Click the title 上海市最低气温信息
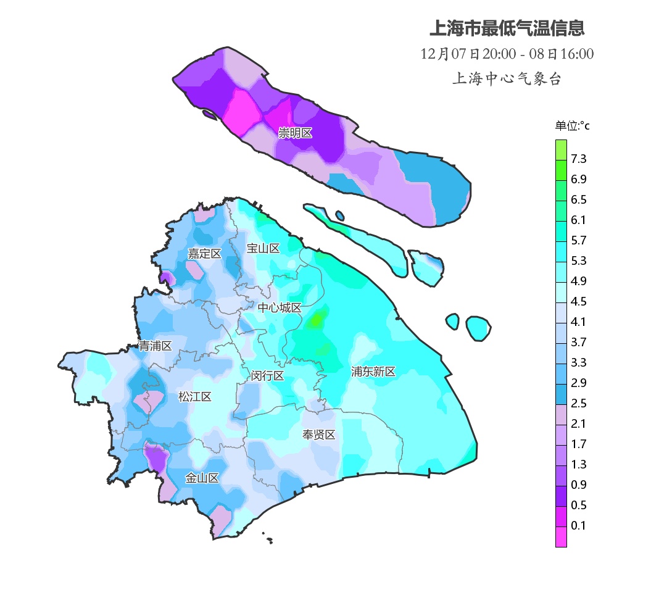[507, 28]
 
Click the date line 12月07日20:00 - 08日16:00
[507, 54]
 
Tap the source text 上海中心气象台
[507, 79]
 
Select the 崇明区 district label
[295, 133]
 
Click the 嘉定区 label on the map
[204, 254]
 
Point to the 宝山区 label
[263, 248]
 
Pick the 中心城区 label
[280, 308]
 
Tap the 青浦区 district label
[154, 346]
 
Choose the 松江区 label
[194, 397]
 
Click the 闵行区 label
[267, 376]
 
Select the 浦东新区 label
[373, 372]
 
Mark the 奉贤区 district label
[318, 435]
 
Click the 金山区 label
[202, 478]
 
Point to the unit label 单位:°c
[572, 126]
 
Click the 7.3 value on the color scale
[579, 159]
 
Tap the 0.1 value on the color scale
[579, 526]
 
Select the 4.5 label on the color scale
[579, 302]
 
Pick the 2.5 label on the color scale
[579, 404]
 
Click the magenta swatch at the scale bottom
[561, 536]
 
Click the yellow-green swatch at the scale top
[561, 149]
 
